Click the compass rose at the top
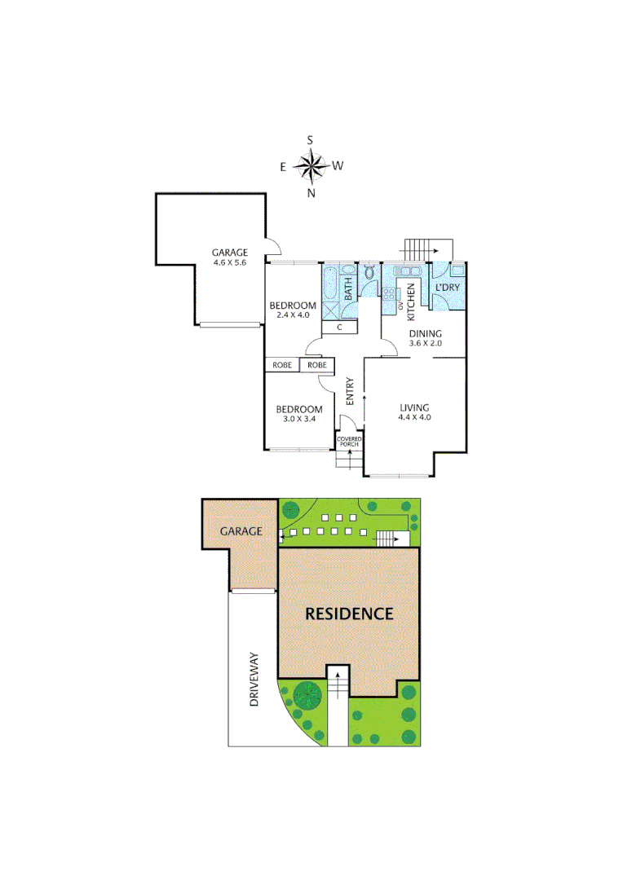coord(310,166)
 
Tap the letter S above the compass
coord(310,140)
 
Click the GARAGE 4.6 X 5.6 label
coord(229,257)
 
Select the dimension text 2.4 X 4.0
coord(292,315)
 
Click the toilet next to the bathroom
coord(369,273)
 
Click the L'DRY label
coord(447,288)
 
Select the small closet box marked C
coord(338,328)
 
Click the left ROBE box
coord(281,365)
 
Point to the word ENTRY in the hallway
coord(350,391)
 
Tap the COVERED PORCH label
coord(349,442)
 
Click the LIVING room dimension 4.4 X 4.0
coord(414,417)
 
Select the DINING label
coord(425,333)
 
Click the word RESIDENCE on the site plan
coord(349,614)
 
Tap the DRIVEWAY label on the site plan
coord(254,678)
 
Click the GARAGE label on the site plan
coord(241,530)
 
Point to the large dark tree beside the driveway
coord(307,695)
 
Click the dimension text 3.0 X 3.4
coord(298,419)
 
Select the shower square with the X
coord(333,309)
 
